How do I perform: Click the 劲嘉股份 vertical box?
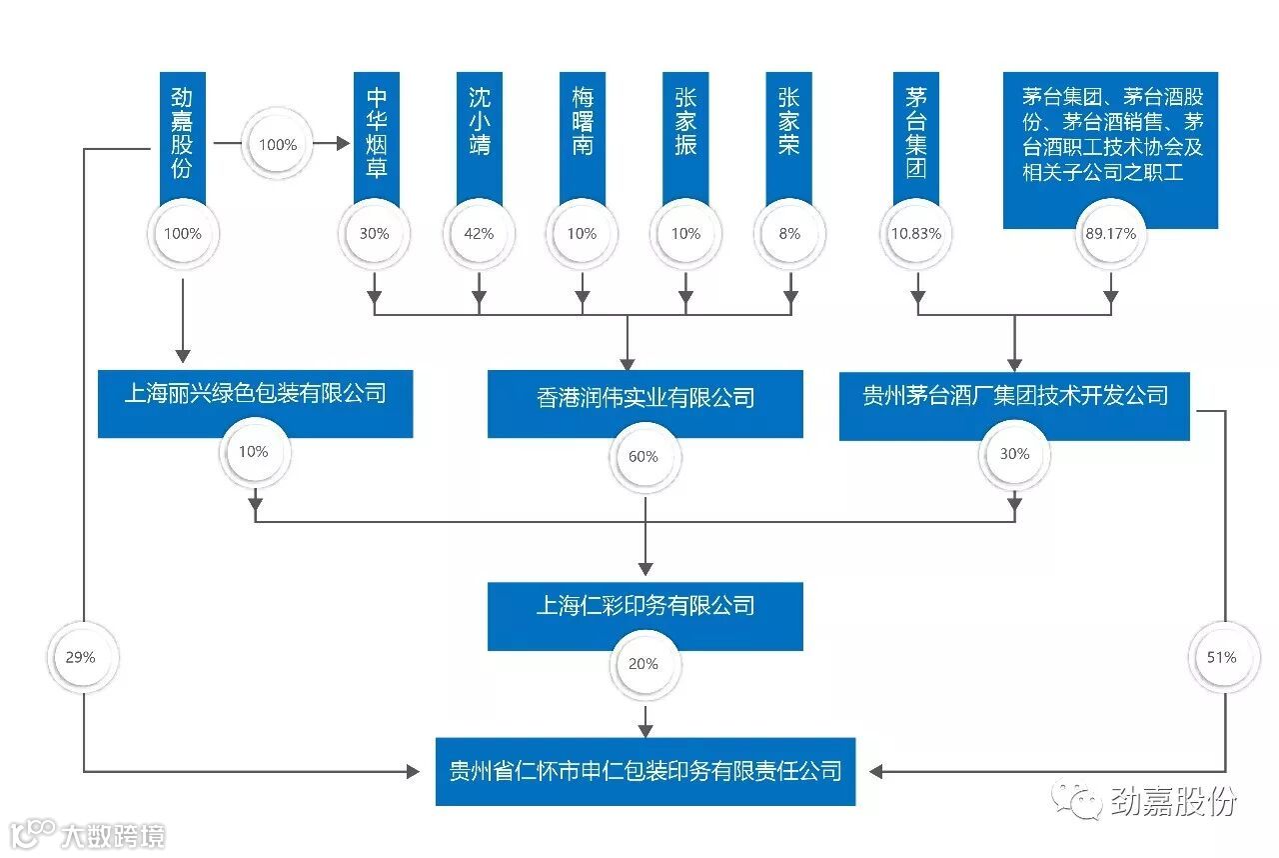pyautogui.click(x=182, y=135)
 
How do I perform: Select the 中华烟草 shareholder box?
pyautogui.click(x=376, y=135)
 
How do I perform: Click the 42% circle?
pyautogui.click(x=479, y=234)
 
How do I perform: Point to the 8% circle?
pyautogui.click(x=788, y=234)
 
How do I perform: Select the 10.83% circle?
pyautogui.click(x=916, y=234)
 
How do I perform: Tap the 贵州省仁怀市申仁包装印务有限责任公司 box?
pyautogui.click(x=644, y=771)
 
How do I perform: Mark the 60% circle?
pyautogui.click(x=644, y=457)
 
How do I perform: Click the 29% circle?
pyautogui.click(x=83, y=657)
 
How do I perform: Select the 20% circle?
pyautogui.click(x=644, y=664)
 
